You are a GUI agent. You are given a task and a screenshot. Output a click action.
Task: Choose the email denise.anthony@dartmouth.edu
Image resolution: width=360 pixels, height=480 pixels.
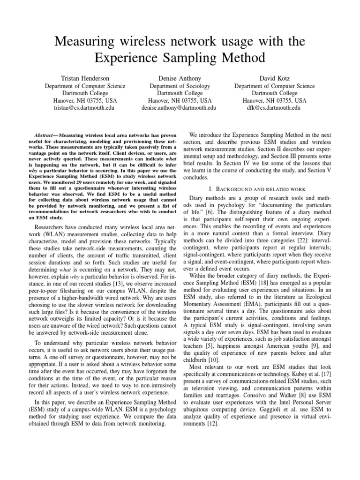(180, 107)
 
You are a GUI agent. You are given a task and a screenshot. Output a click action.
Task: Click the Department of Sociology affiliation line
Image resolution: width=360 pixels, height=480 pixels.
(180, 86)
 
